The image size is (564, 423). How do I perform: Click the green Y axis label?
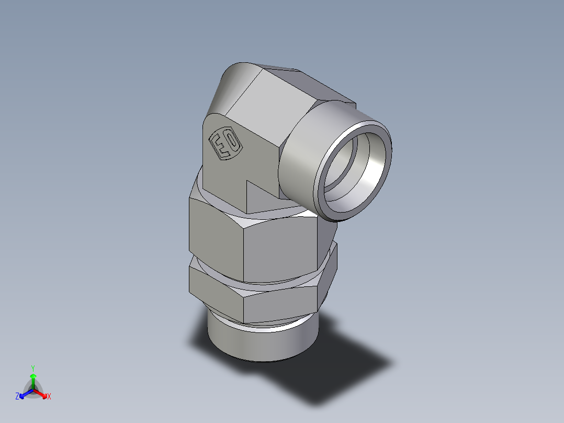pos(32,368)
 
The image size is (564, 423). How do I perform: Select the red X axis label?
pos(49,397)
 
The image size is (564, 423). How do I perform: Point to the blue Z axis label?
pos(17,397)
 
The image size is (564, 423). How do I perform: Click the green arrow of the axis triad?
pos(32,379)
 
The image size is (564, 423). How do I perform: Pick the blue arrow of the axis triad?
pos(24,394)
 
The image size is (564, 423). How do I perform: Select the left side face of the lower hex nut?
pos(215,291)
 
